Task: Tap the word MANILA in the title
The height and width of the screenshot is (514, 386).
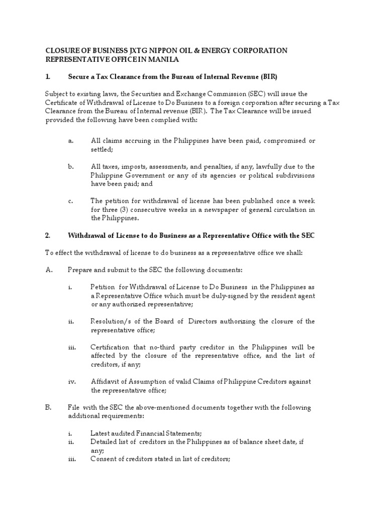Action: [165, 60]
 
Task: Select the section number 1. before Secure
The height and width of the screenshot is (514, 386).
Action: [48, 77]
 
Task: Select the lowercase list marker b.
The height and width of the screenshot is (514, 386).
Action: [71, 166]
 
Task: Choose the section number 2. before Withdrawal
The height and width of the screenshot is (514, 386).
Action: [48, 235]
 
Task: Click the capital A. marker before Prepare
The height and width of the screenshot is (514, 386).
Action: [49, 270]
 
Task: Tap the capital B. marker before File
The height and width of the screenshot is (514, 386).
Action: [48, 407]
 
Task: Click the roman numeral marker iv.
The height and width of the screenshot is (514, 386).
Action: [71, 381]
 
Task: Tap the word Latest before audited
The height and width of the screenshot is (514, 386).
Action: [101, 433]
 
